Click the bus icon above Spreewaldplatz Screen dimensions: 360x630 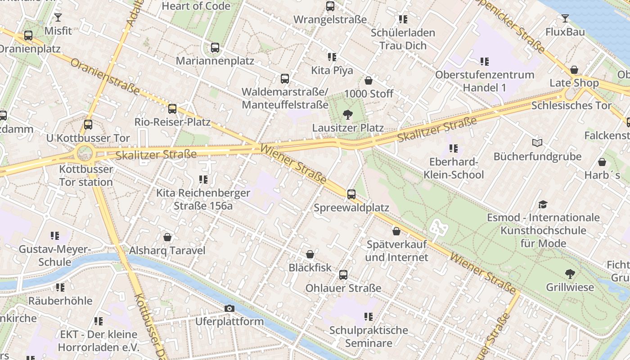pos(351,194)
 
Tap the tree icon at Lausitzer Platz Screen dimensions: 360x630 pos(347,115)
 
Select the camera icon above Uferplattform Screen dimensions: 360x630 pos(229,308)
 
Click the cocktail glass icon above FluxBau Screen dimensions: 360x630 pos(565,18)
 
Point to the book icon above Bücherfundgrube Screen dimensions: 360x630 pos(537,143)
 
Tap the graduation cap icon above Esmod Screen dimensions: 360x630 pos(543,204)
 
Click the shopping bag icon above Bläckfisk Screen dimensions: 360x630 pos(310,254)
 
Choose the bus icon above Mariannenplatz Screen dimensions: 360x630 pos(215,48)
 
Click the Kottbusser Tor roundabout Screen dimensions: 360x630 pos(84,153)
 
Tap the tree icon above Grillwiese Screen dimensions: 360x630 pos(570,274)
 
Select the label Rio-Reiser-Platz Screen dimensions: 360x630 pos(172,122)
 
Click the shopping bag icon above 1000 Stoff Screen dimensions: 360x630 pos(369,81)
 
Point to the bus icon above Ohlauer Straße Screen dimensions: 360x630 pos(343,274)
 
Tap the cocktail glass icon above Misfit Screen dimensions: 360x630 pos(58,18)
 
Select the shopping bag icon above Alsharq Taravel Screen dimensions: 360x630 pos(167,237)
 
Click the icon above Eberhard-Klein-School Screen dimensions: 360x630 pos(454,148)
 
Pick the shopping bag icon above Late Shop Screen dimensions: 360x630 pos(574,70)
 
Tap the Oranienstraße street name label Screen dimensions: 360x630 pos(104,76)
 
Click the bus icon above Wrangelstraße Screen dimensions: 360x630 pos(330,6)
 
